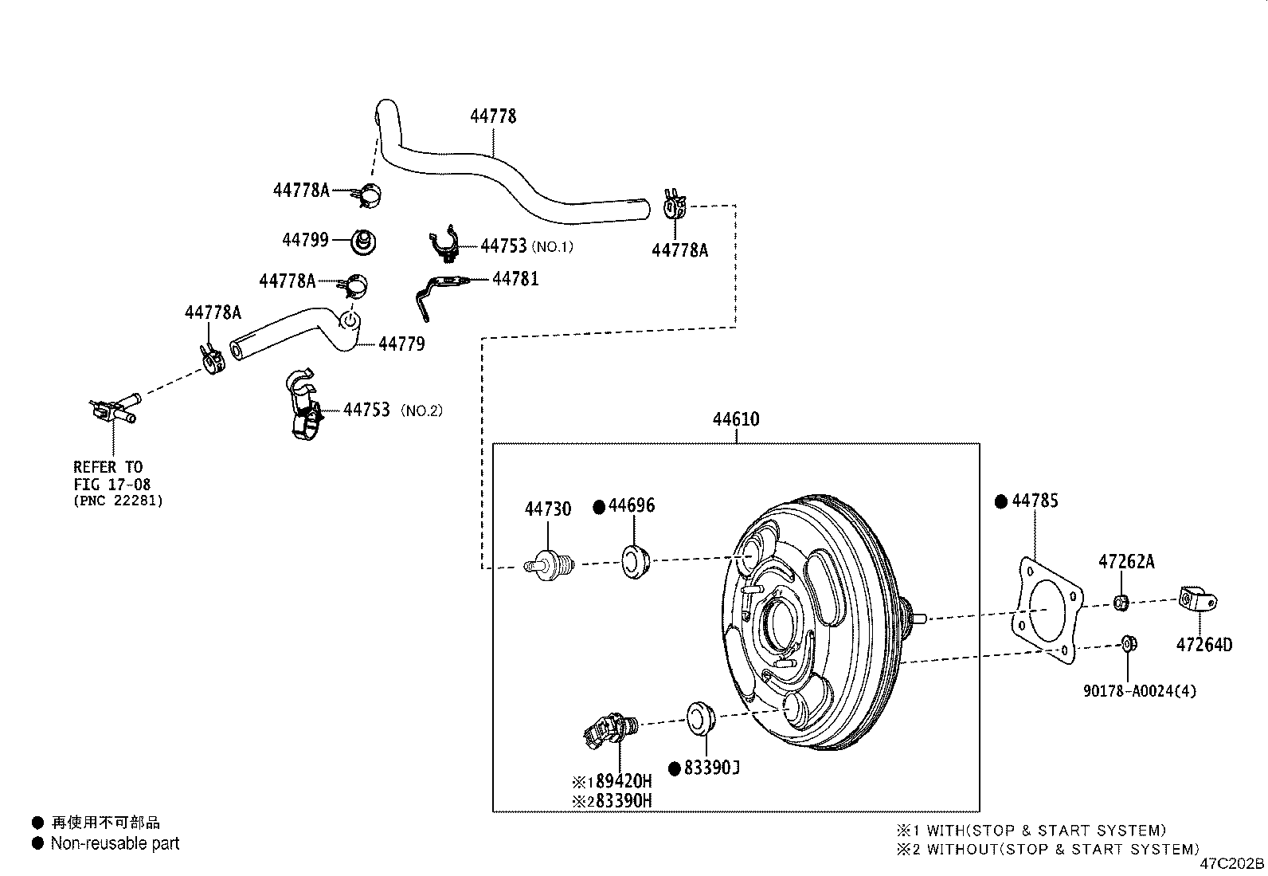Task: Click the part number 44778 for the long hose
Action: [x=493, y=116]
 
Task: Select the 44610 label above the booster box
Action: [x=735, y=419]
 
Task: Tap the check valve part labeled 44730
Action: [x=550, y=564]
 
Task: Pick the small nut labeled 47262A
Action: [x=1119, y=602]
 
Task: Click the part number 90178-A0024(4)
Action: [x=1139, y=691]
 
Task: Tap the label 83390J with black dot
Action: [x=712, y=768]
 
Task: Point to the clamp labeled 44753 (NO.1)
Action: [x=445, y=246]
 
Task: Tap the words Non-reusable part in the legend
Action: [x=115, y=843]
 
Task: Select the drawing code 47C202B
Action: [x=1232, y=864]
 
